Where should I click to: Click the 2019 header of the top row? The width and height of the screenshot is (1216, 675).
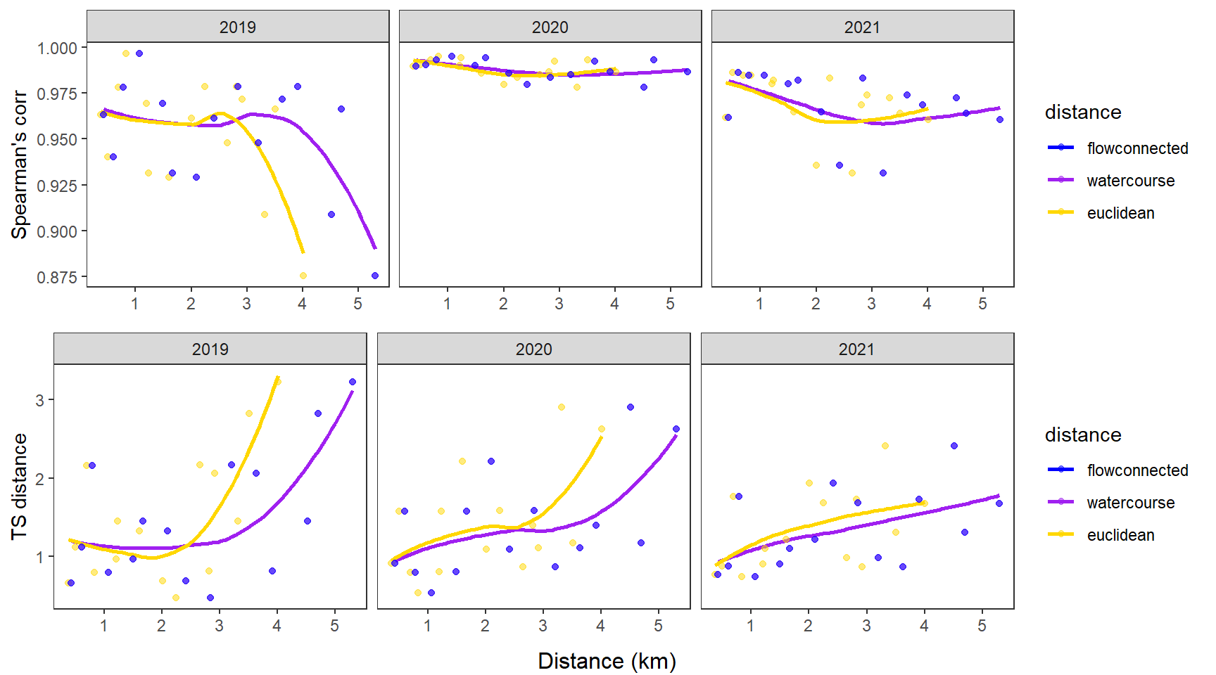click(237, 27)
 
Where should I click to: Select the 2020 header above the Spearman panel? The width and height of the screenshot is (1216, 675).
click(550, 27)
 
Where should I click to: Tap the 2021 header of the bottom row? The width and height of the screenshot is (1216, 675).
click(856, 349)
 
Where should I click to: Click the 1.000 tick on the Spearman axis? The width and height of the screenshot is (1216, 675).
click(57, 48)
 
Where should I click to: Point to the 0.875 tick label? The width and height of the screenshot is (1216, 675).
click(57, 277)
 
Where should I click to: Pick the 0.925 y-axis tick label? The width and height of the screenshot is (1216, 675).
click(57, 186)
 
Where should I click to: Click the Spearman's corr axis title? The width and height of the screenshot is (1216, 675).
click(19, 165)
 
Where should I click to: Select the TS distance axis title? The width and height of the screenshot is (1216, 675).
click(19, 487)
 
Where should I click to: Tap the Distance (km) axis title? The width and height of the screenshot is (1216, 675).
click(607, 661)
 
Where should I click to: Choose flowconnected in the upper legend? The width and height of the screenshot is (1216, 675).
click(1137, 148)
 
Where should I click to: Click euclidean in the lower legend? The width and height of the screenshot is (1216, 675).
click(1120, 535)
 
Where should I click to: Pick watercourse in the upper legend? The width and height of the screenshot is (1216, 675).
click(1130, 181)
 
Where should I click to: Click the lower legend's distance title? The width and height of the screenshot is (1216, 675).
click(1083, 435)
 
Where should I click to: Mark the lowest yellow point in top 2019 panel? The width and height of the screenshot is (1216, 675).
click(303, 276)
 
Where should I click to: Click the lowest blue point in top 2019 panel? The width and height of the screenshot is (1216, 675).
click(375, 276)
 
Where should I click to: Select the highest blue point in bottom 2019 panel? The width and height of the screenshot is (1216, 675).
click(353, 382)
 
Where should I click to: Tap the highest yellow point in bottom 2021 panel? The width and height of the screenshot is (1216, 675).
click(885, 446)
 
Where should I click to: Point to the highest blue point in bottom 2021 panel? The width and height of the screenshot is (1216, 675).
click(954, 446)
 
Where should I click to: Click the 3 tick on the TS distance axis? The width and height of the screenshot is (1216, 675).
click(40, 400)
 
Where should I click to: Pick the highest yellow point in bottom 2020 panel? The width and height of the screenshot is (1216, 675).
click(561, 407)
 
